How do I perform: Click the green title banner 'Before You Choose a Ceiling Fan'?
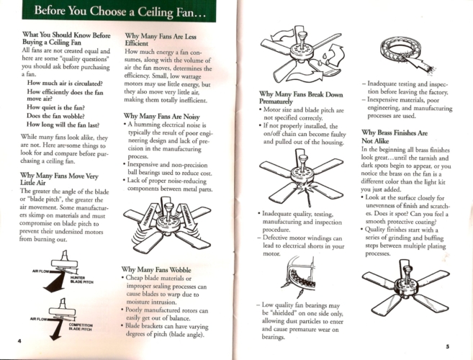[x=119, y=11]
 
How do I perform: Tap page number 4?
[x=19, y=341]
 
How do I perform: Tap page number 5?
[x=448, y=346]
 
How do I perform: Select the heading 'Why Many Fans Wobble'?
[x=156, y=269]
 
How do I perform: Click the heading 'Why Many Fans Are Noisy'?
[x=161, y=116]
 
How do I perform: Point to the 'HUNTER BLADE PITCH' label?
[x=82, y=280]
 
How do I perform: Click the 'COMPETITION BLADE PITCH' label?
[x=81, y=327]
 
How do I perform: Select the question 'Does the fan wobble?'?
[x=55, y=116]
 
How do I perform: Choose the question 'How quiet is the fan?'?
[x=56, y=107]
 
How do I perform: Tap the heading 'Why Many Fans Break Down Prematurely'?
[x=301, y=98]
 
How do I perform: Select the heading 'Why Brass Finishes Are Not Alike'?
[x=395, y=137]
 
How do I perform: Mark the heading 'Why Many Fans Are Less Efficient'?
[x=161, y=40]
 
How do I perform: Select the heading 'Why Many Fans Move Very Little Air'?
[x=59, y=179]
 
